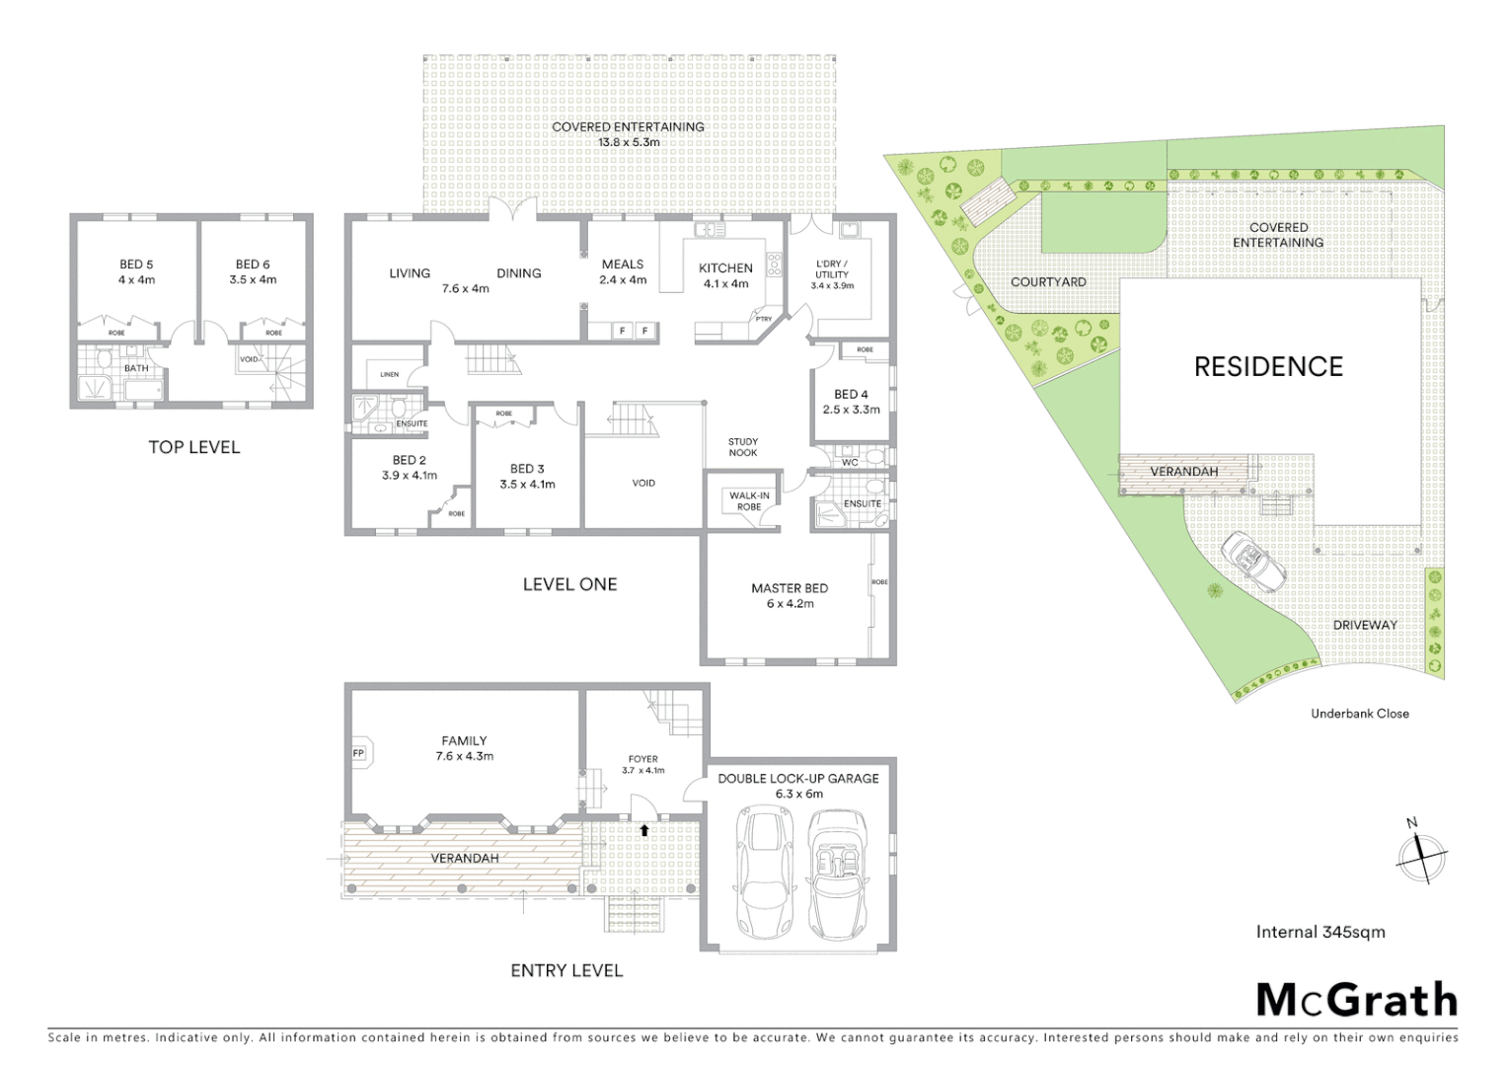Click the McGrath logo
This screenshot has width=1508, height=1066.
pyautogui.click(x=1356, y=1000)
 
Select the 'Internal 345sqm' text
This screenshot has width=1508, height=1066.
pyautogui.click(x=1319, y=932)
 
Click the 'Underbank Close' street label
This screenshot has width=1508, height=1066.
pyautogui.click(x=1359, y=714)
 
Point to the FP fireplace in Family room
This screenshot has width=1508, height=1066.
pyautogui.click(x=358, y=754)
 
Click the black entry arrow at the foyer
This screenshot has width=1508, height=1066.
pyautogui.click(x=643, y=830)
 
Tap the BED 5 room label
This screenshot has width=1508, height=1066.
pyautogui.click(x=136, y=265)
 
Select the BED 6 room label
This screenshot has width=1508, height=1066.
pyautogui.click(x=253, y=265)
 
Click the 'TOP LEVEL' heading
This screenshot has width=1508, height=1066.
pyautogui.click(x=193, y=447)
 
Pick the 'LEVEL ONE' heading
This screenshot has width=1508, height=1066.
pyautogui.click(x=569, y=584)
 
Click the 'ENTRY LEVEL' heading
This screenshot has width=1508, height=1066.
pyautogui.click(x=566, y=971)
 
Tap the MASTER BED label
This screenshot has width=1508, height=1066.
pyautogui.click(x=790, y=588)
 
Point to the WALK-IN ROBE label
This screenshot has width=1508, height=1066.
pyautogui.click(x=749, y=501)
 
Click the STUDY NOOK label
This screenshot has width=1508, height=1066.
pyautogui.click(x=743, y=447)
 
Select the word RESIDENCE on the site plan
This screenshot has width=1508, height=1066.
pyautogui.click(x=1268, y=367)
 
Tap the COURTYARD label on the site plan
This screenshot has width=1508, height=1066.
pyautogui.click(x=1048, y=282)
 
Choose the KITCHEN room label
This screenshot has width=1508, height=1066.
pyautogui.click(x=725, y=268)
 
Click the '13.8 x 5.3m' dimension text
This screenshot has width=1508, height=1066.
pyautogui.click(x=628, y=142)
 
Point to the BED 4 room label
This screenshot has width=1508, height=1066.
pyautogui.click(x=851, y=395)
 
